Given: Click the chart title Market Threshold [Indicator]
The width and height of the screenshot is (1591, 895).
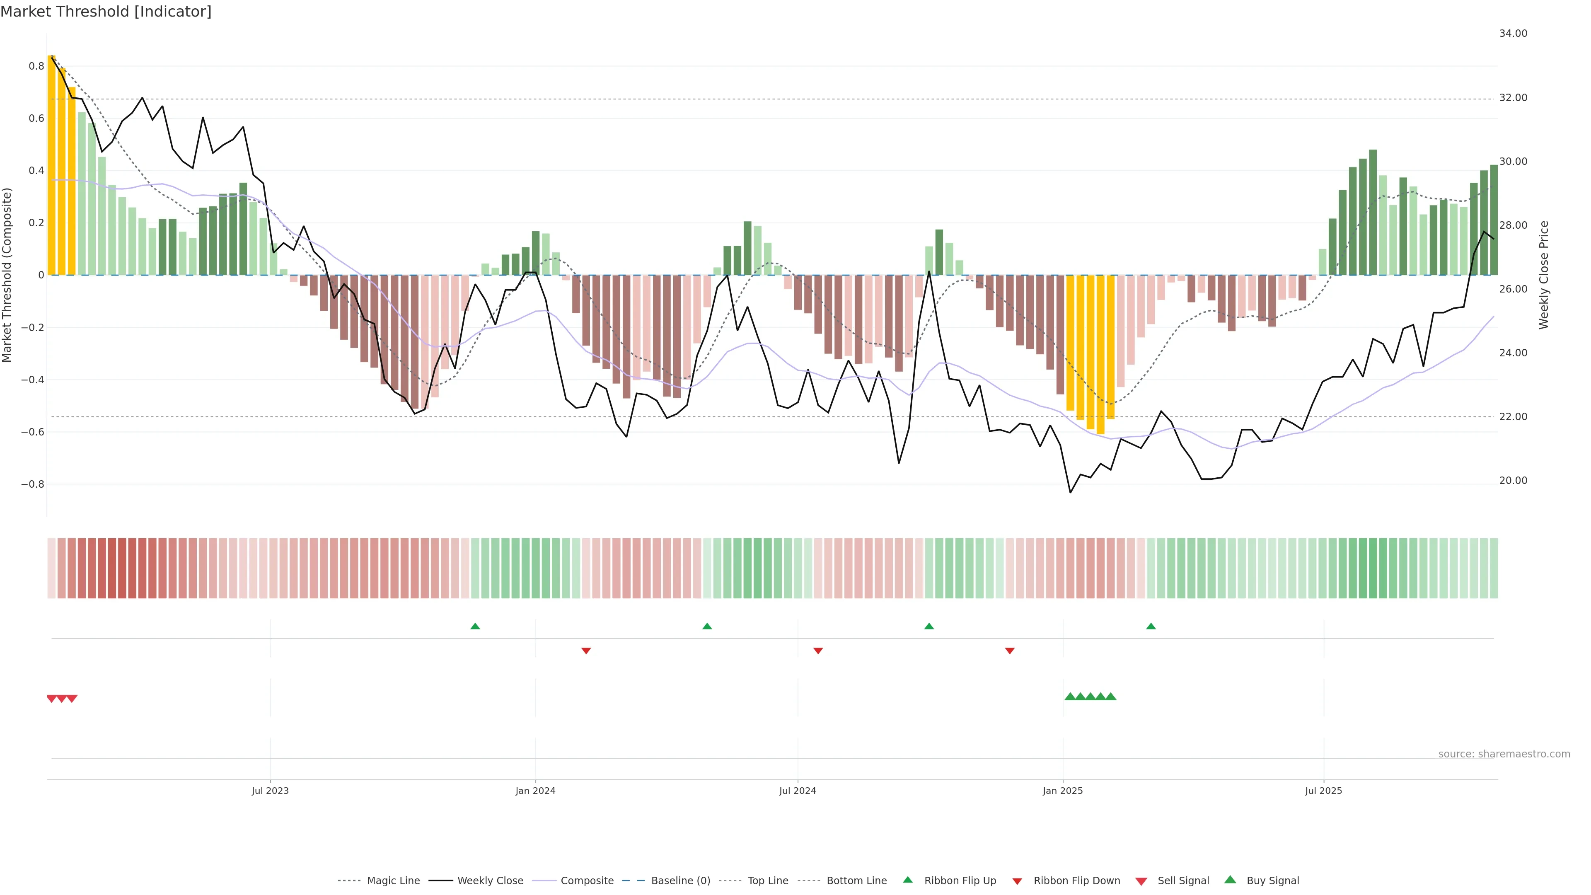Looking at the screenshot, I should tap(106, 12).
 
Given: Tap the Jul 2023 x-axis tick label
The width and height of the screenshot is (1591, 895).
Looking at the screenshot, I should tap(270, 791).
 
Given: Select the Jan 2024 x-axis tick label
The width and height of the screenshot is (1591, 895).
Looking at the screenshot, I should tap(535, 791).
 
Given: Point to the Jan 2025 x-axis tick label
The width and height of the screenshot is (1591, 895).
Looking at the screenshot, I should tap(1062, 791).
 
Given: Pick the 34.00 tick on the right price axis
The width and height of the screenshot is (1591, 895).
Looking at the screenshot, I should tap(1513, 33).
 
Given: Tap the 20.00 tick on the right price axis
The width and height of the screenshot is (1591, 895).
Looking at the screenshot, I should tap(1513, 481).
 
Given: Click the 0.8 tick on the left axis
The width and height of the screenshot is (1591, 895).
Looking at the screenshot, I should tap(36, 66).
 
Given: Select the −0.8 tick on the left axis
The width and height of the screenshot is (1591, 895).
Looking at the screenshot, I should tap(33, 484).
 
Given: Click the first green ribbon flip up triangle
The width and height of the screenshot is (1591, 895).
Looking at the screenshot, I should tap(475, 626).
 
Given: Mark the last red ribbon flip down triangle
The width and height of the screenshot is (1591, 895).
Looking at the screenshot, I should tap(1009, 651).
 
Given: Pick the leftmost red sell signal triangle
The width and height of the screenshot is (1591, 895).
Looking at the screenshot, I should tap(52, 699).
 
